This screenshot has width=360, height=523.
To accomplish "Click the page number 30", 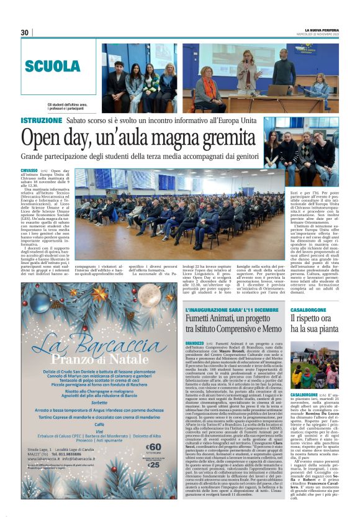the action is point(25,32).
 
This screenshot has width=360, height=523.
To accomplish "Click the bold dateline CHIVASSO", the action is point(29,170).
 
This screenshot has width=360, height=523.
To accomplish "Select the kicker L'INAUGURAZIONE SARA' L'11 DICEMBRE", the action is point(231,309).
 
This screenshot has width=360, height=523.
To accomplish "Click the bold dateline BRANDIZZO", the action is point(194,343).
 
